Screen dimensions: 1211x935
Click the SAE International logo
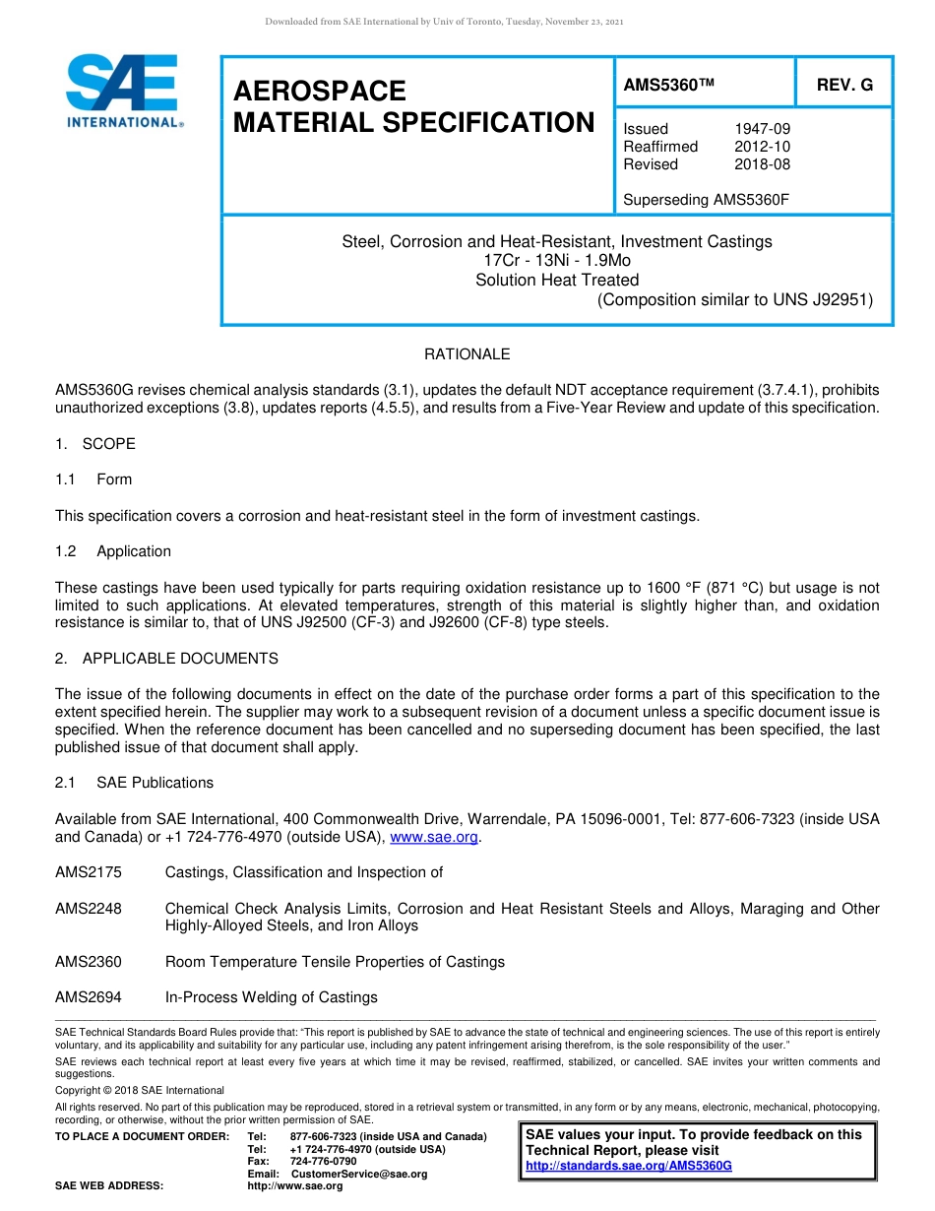[x=123, y=92]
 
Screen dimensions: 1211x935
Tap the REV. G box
[x=844, y=85]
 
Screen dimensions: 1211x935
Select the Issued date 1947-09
[x=762, y=129]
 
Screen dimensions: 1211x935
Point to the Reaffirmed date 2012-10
[x=762, y=147]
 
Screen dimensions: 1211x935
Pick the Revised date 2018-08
[x=762, y=164]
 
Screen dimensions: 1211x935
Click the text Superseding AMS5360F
[x=707, y=200]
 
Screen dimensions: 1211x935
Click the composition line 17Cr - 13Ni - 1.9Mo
[x=557, y=260]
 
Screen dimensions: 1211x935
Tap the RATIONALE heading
[x=467, y=354]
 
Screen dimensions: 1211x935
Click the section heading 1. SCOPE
[x=95, y=444]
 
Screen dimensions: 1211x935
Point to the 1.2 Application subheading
[x=113, y=551]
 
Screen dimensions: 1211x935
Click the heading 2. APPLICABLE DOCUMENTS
[x=166, y=659]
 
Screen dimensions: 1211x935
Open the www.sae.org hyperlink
[x=434, y=837]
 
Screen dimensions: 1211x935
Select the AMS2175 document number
[x=89, y=872]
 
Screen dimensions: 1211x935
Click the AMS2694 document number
[x=89, y=997]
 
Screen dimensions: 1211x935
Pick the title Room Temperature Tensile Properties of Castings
[x=335, y=962]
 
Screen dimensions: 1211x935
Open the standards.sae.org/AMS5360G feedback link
[x=629, y=1166]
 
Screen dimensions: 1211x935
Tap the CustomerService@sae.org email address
[x=359, y=1174]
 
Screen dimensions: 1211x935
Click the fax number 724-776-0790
[x=323, y=1162]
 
